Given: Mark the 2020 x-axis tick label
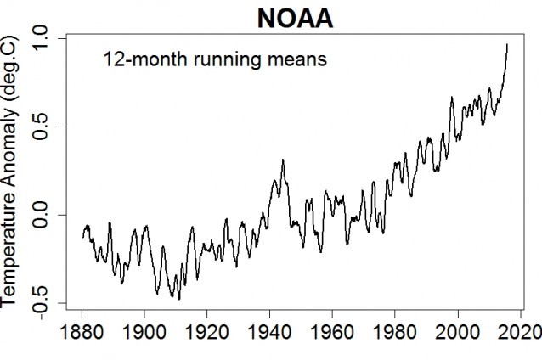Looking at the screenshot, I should (520, 331).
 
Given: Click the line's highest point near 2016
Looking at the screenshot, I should (507, 44).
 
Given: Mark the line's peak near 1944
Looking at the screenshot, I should (282, 160).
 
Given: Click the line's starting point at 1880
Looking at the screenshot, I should (82, 238).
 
